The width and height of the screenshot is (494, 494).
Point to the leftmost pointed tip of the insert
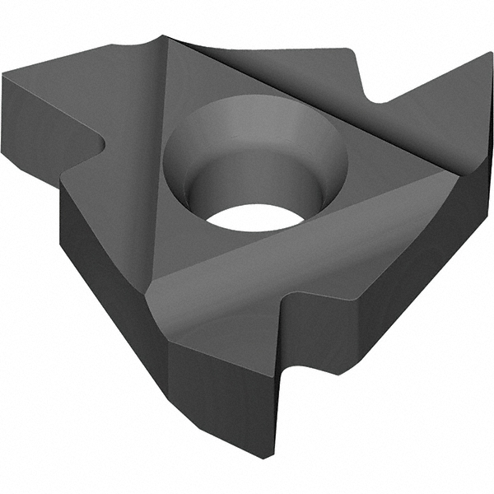pos(4,76)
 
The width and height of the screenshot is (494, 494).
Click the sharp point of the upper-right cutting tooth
pos(490,54)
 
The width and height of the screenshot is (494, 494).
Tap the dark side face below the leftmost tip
pos(33,123)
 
